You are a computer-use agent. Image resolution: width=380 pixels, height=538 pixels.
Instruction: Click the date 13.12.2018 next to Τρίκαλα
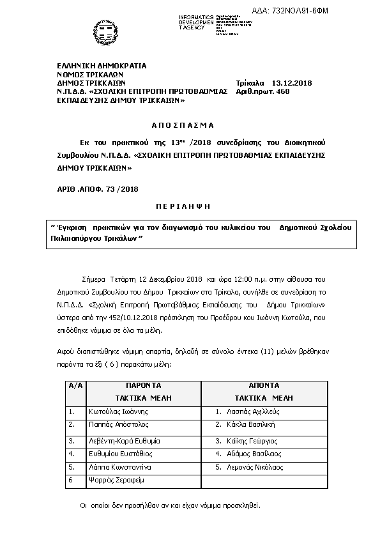pos(292,83)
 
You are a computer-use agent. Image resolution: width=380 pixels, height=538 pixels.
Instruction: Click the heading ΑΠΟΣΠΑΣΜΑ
pos(183,125)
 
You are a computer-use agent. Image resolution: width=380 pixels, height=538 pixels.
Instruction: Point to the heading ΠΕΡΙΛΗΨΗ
pos(183,208)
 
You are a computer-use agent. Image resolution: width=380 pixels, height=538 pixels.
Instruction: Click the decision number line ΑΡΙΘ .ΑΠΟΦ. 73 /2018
pos(98,189)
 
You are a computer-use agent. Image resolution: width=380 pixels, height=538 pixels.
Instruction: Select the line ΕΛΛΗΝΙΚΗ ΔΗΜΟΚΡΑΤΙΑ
pos(102,66)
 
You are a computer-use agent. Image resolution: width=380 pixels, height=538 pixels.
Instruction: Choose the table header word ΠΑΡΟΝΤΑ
pos(143,386)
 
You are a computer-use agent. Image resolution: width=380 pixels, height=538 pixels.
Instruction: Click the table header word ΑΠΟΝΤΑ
pos(264,386)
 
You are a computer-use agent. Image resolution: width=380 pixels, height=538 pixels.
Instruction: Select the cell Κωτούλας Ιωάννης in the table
pos(118,412)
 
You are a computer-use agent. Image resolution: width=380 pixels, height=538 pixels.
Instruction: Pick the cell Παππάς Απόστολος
pos(119,424)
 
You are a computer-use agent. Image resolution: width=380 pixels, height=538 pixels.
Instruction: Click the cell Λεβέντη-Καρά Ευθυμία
pos(124,441)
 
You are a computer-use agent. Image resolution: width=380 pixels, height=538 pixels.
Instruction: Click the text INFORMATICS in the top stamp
pos(196,15)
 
